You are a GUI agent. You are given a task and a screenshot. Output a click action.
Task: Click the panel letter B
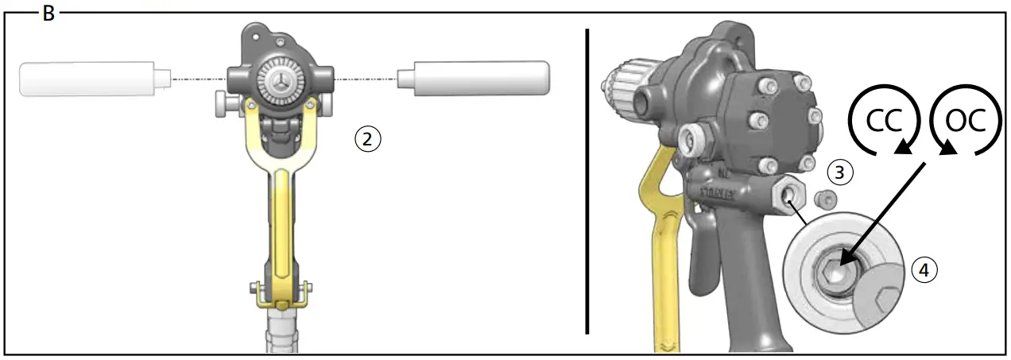coord(48,14)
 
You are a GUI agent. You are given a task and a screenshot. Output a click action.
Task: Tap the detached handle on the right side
coord(475,78)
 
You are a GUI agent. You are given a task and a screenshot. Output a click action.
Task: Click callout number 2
coord(366,138)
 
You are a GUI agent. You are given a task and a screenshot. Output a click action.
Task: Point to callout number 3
coord(839,171)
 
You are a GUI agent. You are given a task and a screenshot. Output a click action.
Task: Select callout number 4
coord(922,269)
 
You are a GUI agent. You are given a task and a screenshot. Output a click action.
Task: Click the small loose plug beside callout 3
coord(824,199)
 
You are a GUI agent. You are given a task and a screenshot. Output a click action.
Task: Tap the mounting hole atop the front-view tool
coord(257,33)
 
